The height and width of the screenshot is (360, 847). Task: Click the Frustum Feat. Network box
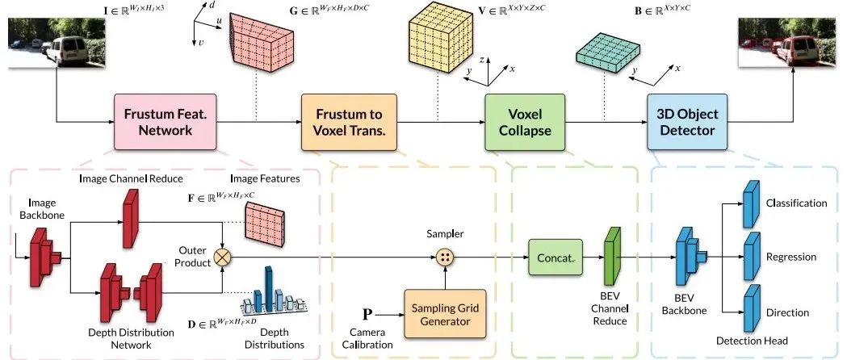pos(166,122)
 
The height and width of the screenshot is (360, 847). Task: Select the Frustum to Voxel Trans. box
pos(349,122)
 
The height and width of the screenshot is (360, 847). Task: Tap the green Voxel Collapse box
pos(525,122)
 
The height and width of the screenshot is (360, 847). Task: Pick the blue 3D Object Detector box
pos(687,122)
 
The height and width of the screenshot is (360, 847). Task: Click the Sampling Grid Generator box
pos(446,314)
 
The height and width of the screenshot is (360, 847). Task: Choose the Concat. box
pos(556,257)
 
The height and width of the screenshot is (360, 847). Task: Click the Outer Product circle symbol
pos(223,257)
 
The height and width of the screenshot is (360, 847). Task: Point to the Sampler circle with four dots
pos(445,257)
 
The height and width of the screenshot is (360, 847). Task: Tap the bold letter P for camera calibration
pos(367,314)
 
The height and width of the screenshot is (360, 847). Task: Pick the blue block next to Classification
pos(752,198)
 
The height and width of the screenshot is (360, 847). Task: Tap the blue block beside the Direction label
pos(752,308)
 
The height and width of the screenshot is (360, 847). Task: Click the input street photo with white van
pos(57,43)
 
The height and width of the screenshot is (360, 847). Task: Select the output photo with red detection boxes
pos(787,43)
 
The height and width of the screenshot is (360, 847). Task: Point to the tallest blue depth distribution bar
pos(268,289)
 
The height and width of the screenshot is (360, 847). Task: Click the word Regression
pos(791,257)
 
